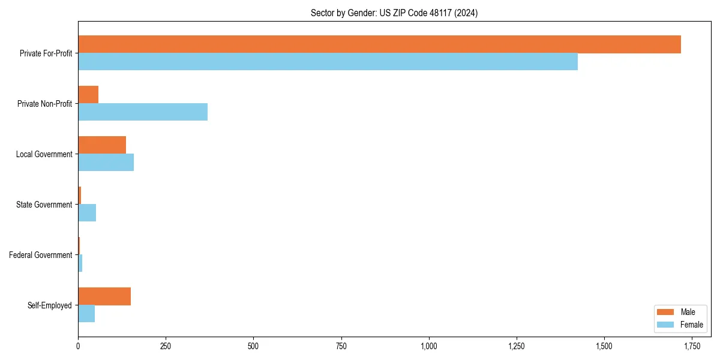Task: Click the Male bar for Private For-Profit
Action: (x=379, y=44)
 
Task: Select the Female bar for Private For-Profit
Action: (x=328, y=62)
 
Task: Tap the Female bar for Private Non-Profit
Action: (x=143, y=112)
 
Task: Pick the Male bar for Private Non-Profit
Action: (x=88, y=95)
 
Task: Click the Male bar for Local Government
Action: (x=102, y=145)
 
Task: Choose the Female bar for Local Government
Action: (x=106, y=163)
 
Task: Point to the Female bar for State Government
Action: (x=87, y=213)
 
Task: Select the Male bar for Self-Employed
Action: (x=104, y=296)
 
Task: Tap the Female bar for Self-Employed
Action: (x=86, y=314)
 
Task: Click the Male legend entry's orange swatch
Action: (x=666, y=312)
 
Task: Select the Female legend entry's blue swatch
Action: (x=666, y=325)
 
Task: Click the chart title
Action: (x=394, y=13)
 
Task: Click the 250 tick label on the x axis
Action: (x=166, y=346)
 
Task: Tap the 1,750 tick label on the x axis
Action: (x=692, y=346)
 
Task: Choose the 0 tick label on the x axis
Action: (x=78, y=346)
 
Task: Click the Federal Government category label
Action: (x=41, y=255)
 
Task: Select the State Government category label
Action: (x=44, y=205)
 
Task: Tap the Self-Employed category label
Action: (x=50, y=305)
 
